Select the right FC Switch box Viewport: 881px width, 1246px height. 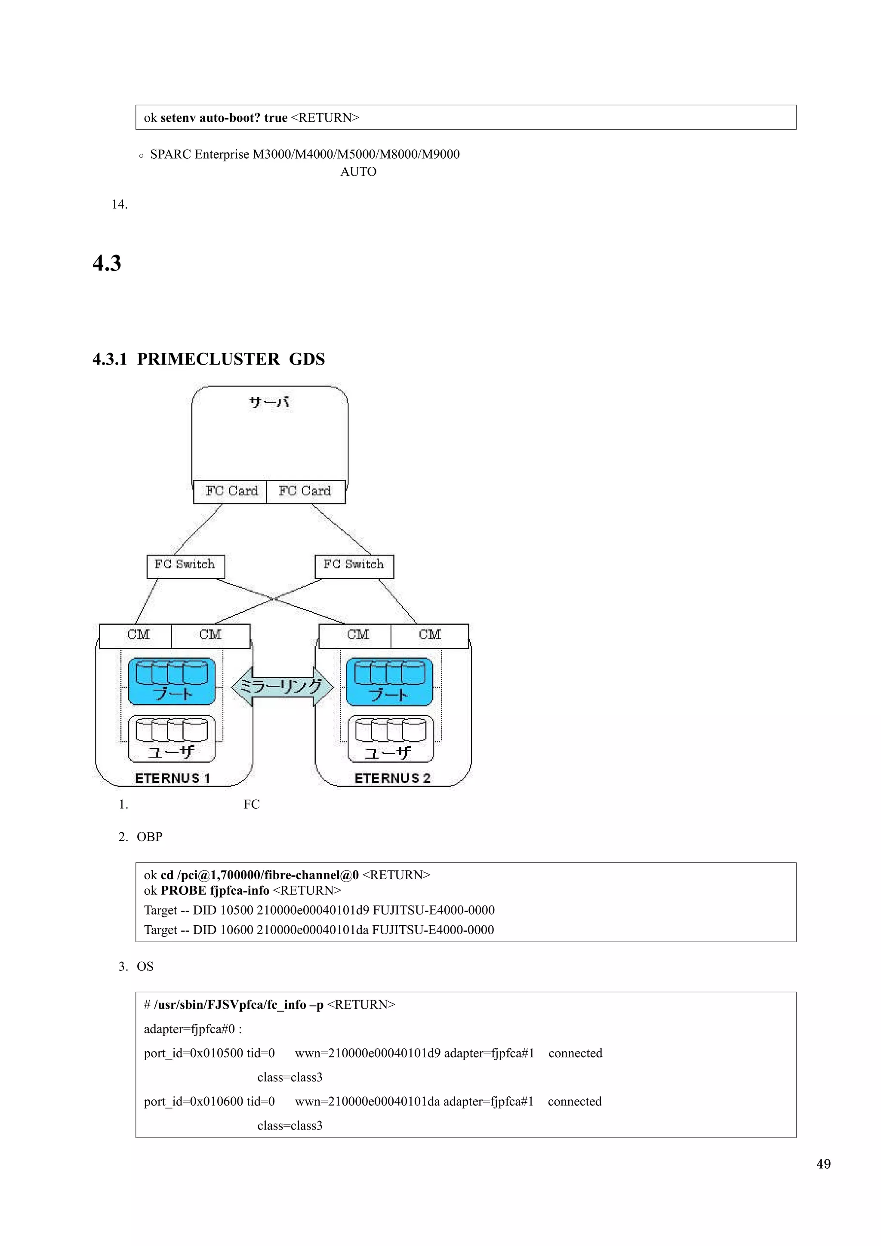(354, 566)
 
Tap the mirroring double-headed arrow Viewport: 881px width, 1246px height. (282, 687)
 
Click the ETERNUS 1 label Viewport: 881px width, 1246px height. (172, 778)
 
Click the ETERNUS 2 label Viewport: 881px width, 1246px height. (392, 778)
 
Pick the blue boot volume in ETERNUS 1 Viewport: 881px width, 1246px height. (172, 681)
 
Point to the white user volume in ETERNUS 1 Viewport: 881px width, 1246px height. (172, 739)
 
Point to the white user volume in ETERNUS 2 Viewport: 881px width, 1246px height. (390, 739)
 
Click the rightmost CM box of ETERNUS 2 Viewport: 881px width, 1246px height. (429, 635)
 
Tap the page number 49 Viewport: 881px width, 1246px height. (823, 1163)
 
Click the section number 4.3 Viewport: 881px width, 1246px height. (107, 263)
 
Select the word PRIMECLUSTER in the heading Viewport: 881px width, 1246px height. (208, 359)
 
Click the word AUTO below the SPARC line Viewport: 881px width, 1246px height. (358, 172)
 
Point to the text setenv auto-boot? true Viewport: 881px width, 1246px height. (224, 118)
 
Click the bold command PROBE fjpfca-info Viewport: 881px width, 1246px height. (215, 890)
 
